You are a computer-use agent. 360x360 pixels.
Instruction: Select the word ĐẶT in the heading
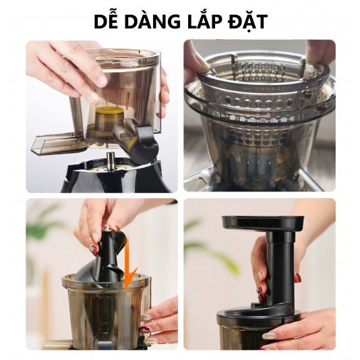(x=248, y=22)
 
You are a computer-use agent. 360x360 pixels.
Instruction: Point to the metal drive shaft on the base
(x=111, y=161)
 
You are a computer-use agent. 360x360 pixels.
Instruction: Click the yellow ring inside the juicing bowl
(x=109, y=111)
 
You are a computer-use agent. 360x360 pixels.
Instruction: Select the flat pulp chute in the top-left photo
(x=57, y=143)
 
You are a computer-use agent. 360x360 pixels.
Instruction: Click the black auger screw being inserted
(x=105, y=256)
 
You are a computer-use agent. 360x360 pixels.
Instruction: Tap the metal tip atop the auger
(x=106, y=227)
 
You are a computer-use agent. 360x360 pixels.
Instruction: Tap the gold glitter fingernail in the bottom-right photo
(x=270, y=336)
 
